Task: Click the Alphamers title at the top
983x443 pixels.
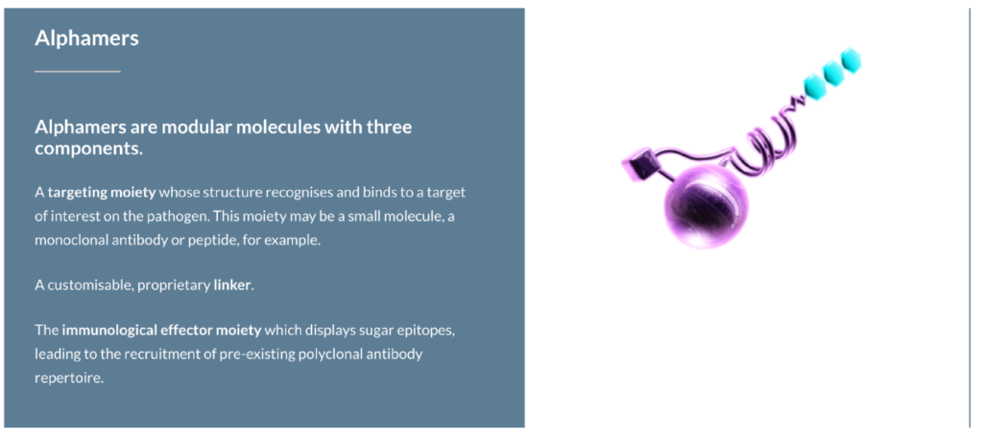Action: point(86,38)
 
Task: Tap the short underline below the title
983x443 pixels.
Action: point(78,71)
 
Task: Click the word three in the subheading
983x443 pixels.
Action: point(389,128)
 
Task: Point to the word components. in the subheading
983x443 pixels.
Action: point(89,150)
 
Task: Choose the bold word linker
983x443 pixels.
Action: point(232,285)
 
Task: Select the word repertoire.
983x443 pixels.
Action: point(68,378)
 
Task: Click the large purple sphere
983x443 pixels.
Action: point(706,208)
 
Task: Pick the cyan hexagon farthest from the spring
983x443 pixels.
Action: point(851,60)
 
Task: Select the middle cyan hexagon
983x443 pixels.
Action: point(833,74)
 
